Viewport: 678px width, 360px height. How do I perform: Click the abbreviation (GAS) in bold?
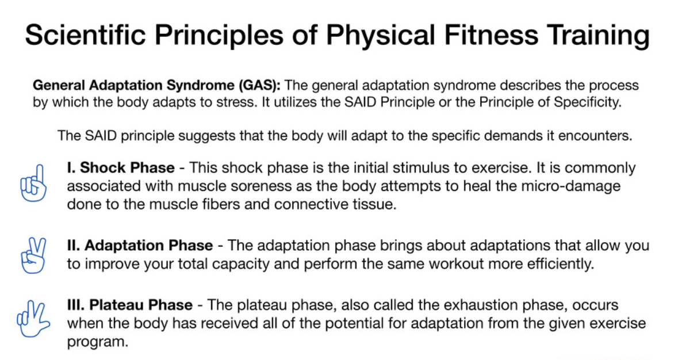(259, 85)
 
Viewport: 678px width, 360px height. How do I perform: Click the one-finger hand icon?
(33, 183)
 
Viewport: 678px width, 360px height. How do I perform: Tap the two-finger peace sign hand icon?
(33, 255)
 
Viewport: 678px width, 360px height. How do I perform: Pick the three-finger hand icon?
(33, 319)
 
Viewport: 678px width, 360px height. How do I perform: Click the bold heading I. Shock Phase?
(121, 168)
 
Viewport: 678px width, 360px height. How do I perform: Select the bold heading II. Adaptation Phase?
(140, 246)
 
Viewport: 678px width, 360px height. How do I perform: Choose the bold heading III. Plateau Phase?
(130, 305)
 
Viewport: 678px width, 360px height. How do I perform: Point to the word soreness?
(261, 186)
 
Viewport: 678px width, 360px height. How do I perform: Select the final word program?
(98, 342)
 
